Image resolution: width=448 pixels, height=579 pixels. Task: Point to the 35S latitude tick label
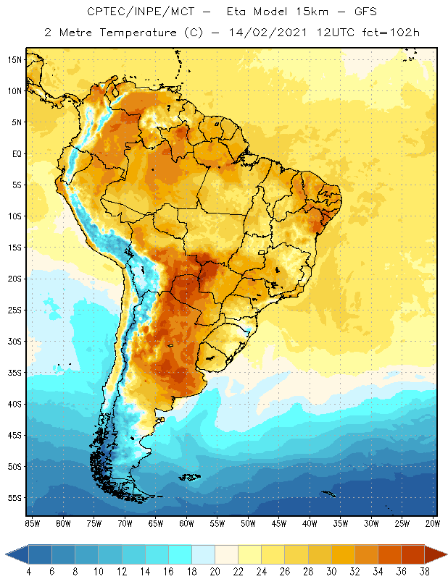click(x=16, y=373)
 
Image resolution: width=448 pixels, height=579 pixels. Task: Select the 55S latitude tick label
click(x=16, y=498)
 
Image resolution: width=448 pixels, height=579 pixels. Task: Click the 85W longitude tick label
click(x=33, y=523)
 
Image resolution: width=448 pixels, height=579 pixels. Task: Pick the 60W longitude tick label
click(x=187, y=523)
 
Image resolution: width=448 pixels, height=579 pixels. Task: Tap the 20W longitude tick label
click(x=433, y=523)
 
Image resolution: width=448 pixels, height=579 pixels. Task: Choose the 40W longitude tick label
click(x=310, y=523)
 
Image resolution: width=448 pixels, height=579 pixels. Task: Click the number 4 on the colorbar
click(x=29, y=572)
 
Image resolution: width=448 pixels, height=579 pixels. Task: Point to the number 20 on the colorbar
click(x=215, y=572)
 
